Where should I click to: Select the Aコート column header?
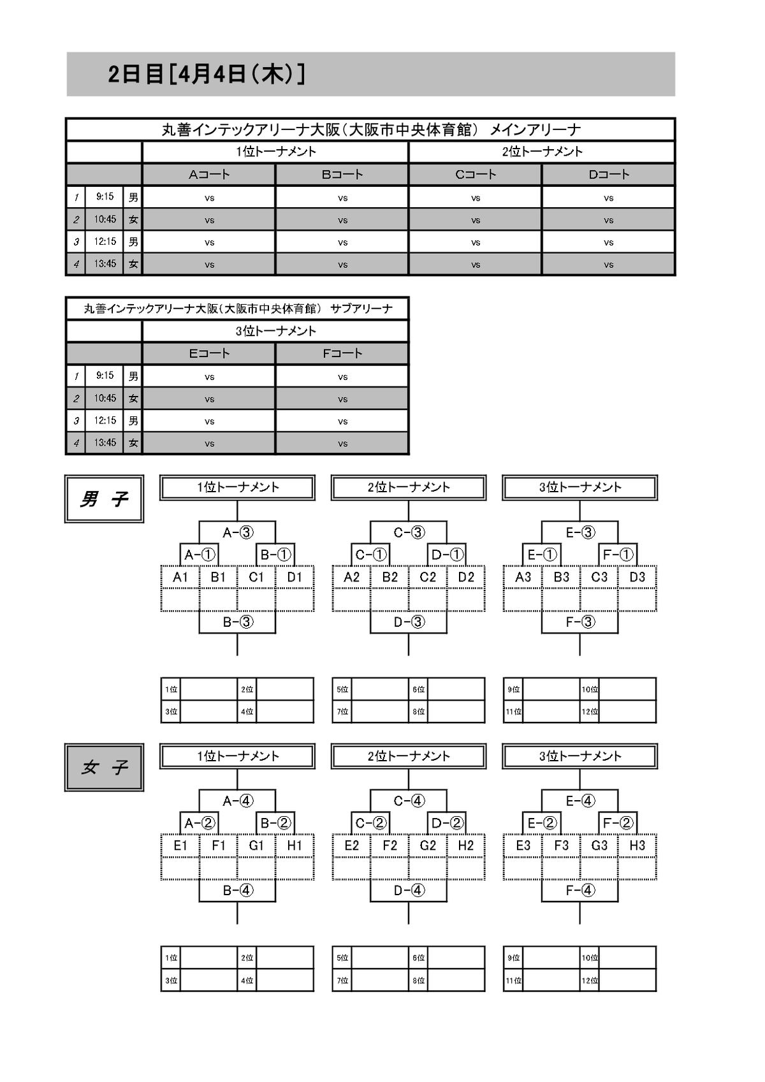click(x=209, y=174)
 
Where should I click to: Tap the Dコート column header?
click(x=608, y=174)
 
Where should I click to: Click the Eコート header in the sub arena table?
click(x=209, y=353)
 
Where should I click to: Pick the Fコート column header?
click(x=342, y=353)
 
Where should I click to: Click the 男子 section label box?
click(x=104, y=499)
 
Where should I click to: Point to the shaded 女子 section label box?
click(x=104, y=768)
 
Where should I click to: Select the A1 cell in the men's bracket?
click(x=180, y=577)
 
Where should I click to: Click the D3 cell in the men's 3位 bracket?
click(x=637, y=577)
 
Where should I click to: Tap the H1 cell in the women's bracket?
click(x=295, y=845)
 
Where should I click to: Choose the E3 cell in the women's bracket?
click(x=523, y=845)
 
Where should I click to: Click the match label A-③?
click(x=238, y=532)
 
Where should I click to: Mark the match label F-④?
click(x=580, y=890)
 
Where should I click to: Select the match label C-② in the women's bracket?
click(x=371, y=823)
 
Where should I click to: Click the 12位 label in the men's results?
click(x=590, y=712)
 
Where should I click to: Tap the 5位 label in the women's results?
click(x=342, y=958)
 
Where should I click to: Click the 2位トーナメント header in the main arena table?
click(x=542, y=152)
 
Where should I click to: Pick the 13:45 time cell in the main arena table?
click(x=105, y=263)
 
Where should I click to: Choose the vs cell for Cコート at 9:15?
click(x=476, y=198)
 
